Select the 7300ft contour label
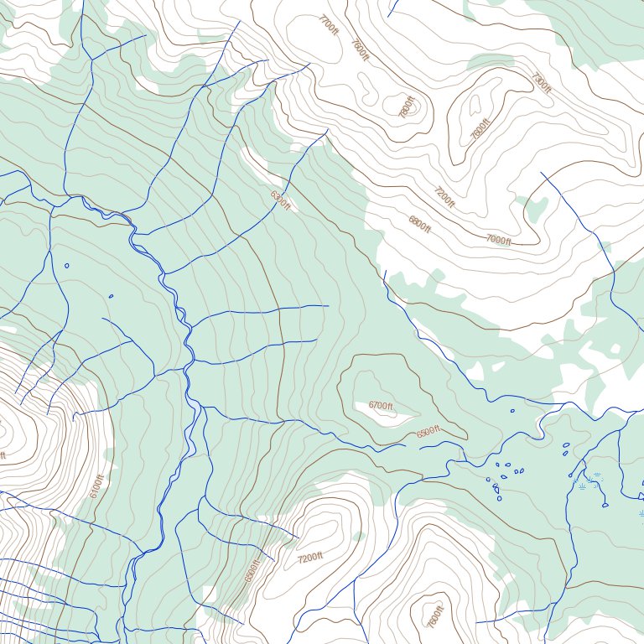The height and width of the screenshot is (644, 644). [542, 83]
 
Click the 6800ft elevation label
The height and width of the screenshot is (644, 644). [419, 223]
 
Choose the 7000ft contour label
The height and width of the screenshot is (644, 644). [498, 240]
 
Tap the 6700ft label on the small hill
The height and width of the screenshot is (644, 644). [381, 406]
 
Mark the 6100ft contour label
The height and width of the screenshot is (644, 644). [96, 486]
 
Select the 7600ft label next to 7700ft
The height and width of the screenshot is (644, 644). [359, 49]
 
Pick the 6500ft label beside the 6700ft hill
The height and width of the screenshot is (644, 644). [428, 434]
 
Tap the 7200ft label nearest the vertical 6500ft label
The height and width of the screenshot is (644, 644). [309, 558]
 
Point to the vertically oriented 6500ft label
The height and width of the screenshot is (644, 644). [250, 569]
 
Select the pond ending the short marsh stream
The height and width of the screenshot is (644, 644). [605, 505]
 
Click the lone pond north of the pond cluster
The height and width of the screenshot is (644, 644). [513, 411]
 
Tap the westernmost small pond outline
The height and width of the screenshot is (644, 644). [66, 266]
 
